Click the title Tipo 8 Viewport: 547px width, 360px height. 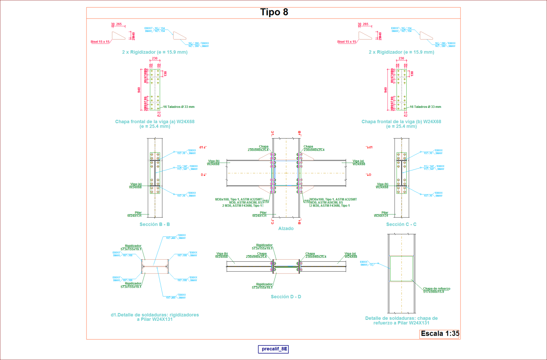(x=274, y=12)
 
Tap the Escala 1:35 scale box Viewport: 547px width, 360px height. (x=440, y=334)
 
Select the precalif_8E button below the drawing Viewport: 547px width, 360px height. (x=273, y=349)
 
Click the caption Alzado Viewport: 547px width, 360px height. (x=286, y=229)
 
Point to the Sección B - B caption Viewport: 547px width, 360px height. (x=155, y=224)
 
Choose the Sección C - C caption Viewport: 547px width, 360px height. (x=401, y=224)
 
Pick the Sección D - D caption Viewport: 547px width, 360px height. (x=286, y=297)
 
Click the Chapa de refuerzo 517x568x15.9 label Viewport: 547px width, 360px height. (x=436, y=290)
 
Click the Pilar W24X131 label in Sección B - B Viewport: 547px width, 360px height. (x=135, y=214)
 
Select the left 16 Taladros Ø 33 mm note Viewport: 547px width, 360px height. (x=179, y=107)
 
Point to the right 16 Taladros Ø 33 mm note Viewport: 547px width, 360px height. (x=425, y=107)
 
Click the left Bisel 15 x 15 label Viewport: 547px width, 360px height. (x=100, y=42)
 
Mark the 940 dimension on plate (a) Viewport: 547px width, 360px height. (x=139, y=90)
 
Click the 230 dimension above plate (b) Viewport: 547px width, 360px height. (x=401, y=58)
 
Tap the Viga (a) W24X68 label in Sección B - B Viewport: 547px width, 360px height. (x=136, y=186)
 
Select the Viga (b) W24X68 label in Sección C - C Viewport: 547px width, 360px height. (x=382, y=186)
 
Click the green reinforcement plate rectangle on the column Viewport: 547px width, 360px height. (x=401, y=268)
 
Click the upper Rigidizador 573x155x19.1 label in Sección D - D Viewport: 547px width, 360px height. (x=264, y=247)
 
